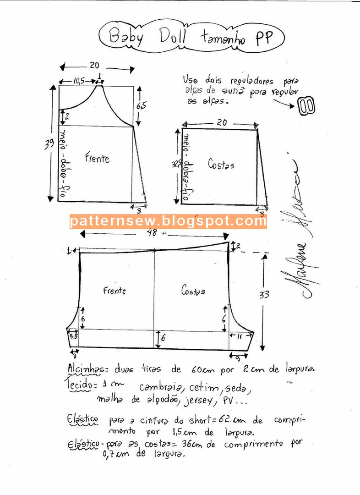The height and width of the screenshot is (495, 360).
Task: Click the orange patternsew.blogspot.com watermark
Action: click(x=168, y=221)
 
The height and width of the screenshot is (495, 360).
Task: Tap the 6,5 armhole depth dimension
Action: click(x=142, y=105)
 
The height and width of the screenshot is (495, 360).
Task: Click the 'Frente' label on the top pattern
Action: click(x=97, y=159)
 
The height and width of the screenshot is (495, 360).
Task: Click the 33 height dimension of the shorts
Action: click(x=264, y=295)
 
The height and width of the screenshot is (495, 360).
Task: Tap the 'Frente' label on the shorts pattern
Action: click(x=114, y=291)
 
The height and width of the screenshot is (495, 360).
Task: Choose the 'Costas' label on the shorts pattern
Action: click(x=193, y=290)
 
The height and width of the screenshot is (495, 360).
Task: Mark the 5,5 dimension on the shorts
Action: click(x=73, y=336)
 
